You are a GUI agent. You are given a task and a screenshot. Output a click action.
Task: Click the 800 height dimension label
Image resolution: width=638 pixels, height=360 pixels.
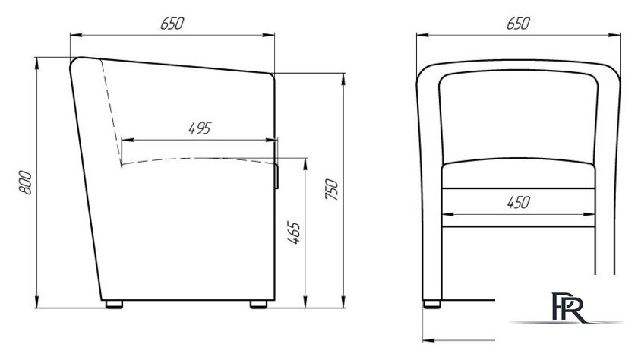pos(25,182)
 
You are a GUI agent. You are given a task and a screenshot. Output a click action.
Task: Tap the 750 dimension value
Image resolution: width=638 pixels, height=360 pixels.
pos(332,189)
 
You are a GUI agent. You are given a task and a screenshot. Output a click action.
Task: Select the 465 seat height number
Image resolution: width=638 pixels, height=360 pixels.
pos(294,232)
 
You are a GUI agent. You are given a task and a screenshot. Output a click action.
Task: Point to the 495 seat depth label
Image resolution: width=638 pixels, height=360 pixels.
pos(201,128)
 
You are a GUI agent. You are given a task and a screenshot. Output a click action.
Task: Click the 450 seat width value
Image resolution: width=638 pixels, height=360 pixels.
pos(519,202)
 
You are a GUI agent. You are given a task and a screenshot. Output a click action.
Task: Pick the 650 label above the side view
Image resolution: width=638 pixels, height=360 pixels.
pos(172,24)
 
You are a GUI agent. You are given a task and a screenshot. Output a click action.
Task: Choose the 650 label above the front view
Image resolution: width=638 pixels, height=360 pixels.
pos(518,24)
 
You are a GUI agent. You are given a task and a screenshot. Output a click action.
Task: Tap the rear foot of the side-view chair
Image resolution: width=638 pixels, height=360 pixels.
pos(114,305)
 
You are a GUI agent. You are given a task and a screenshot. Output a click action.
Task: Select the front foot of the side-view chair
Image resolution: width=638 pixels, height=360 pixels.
pos(258,305)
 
